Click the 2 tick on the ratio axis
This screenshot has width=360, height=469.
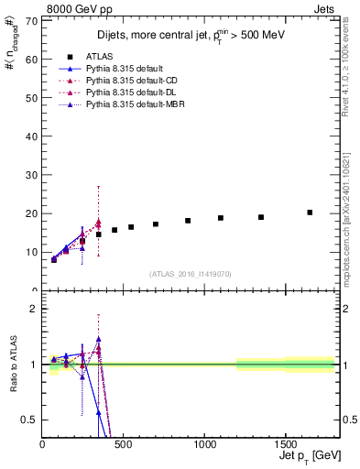click(35, 309)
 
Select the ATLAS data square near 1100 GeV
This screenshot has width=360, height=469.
click(221, 218)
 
